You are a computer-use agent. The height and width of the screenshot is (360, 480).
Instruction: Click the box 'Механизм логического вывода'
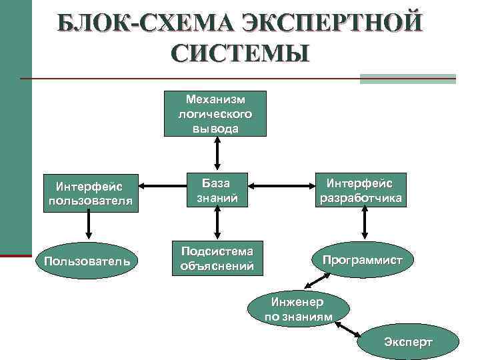pos(216,113)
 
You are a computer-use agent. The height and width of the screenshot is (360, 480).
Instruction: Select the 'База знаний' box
pos(216,189)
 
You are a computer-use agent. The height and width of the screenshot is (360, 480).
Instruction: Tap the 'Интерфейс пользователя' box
pos(89,193)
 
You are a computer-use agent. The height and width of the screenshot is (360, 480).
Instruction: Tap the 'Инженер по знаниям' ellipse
pos(298,309)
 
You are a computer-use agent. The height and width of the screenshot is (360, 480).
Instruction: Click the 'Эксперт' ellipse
pos(407,343)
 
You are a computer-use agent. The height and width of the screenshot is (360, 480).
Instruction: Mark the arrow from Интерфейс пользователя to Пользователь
pos(89,226)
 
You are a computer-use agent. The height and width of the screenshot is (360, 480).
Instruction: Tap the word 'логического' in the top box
pos(216,113)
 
